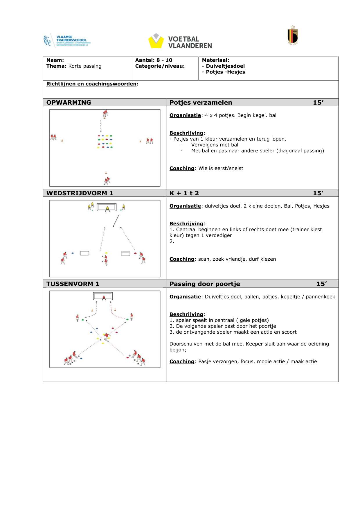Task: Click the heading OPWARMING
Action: [69, 103]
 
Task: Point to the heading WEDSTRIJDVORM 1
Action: [80, 193]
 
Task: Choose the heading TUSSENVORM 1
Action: [73, 284]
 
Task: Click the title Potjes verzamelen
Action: [201, 103]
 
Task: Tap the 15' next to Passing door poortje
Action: [322, 284]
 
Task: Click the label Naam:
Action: [55, 60]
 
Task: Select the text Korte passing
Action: [85, 66]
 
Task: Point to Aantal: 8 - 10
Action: [154, 60]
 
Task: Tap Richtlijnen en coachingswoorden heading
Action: [92, 84]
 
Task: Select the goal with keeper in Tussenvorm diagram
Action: [103, 296]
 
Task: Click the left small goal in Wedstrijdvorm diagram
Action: [84, 253]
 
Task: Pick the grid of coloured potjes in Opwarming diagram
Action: [105, 142]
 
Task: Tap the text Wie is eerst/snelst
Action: [221, 169]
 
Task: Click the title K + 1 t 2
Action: [184, 193]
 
